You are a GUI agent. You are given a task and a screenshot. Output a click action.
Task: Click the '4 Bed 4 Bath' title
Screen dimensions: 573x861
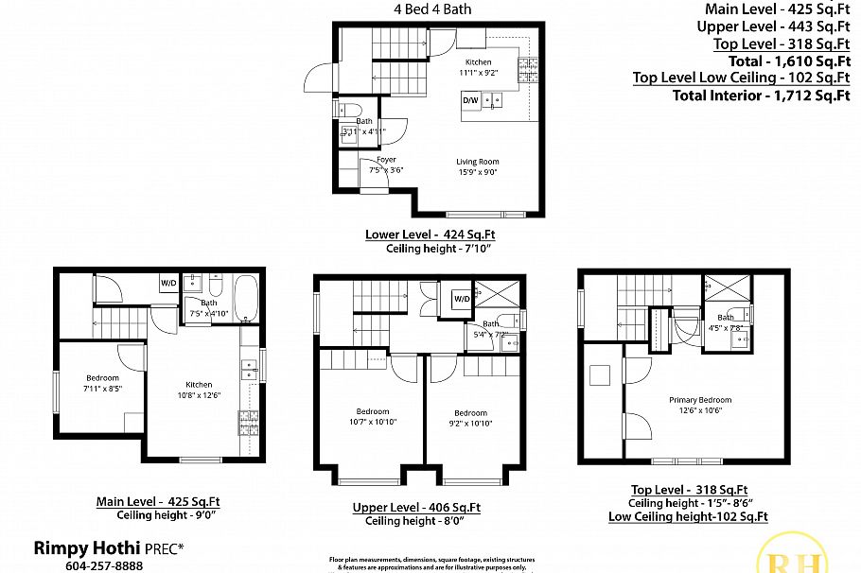coord(432,9)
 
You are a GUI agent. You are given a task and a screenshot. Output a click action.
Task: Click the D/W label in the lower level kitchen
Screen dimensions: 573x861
coord(470,99)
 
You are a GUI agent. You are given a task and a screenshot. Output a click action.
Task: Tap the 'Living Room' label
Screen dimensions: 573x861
coord(477,162)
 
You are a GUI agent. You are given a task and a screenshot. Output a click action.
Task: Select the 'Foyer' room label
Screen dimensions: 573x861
coord(385,160)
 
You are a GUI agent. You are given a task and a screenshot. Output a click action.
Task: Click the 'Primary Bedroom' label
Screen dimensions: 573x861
coord(700,400)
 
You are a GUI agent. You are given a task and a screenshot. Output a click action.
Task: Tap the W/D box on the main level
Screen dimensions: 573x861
coord(167,283)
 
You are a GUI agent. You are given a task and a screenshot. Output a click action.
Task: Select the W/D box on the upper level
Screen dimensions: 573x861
coord(462,299)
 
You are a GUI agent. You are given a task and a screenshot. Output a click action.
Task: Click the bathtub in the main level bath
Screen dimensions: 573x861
coord(244,298)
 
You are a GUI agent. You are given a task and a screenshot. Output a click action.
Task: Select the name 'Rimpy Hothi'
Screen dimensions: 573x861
coord(87,547)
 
